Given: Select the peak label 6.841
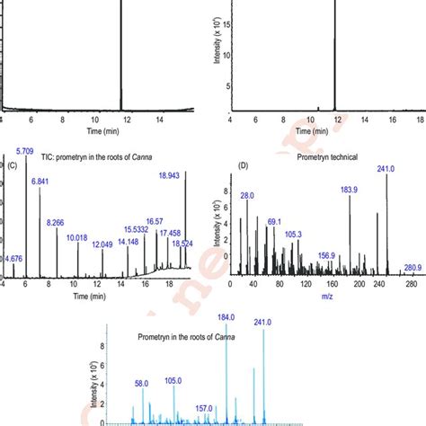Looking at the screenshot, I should coord(40,182).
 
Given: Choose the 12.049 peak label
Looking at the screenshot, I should coord(102,245).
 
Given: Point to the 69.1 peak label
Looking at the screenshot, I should coord(275,221).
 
